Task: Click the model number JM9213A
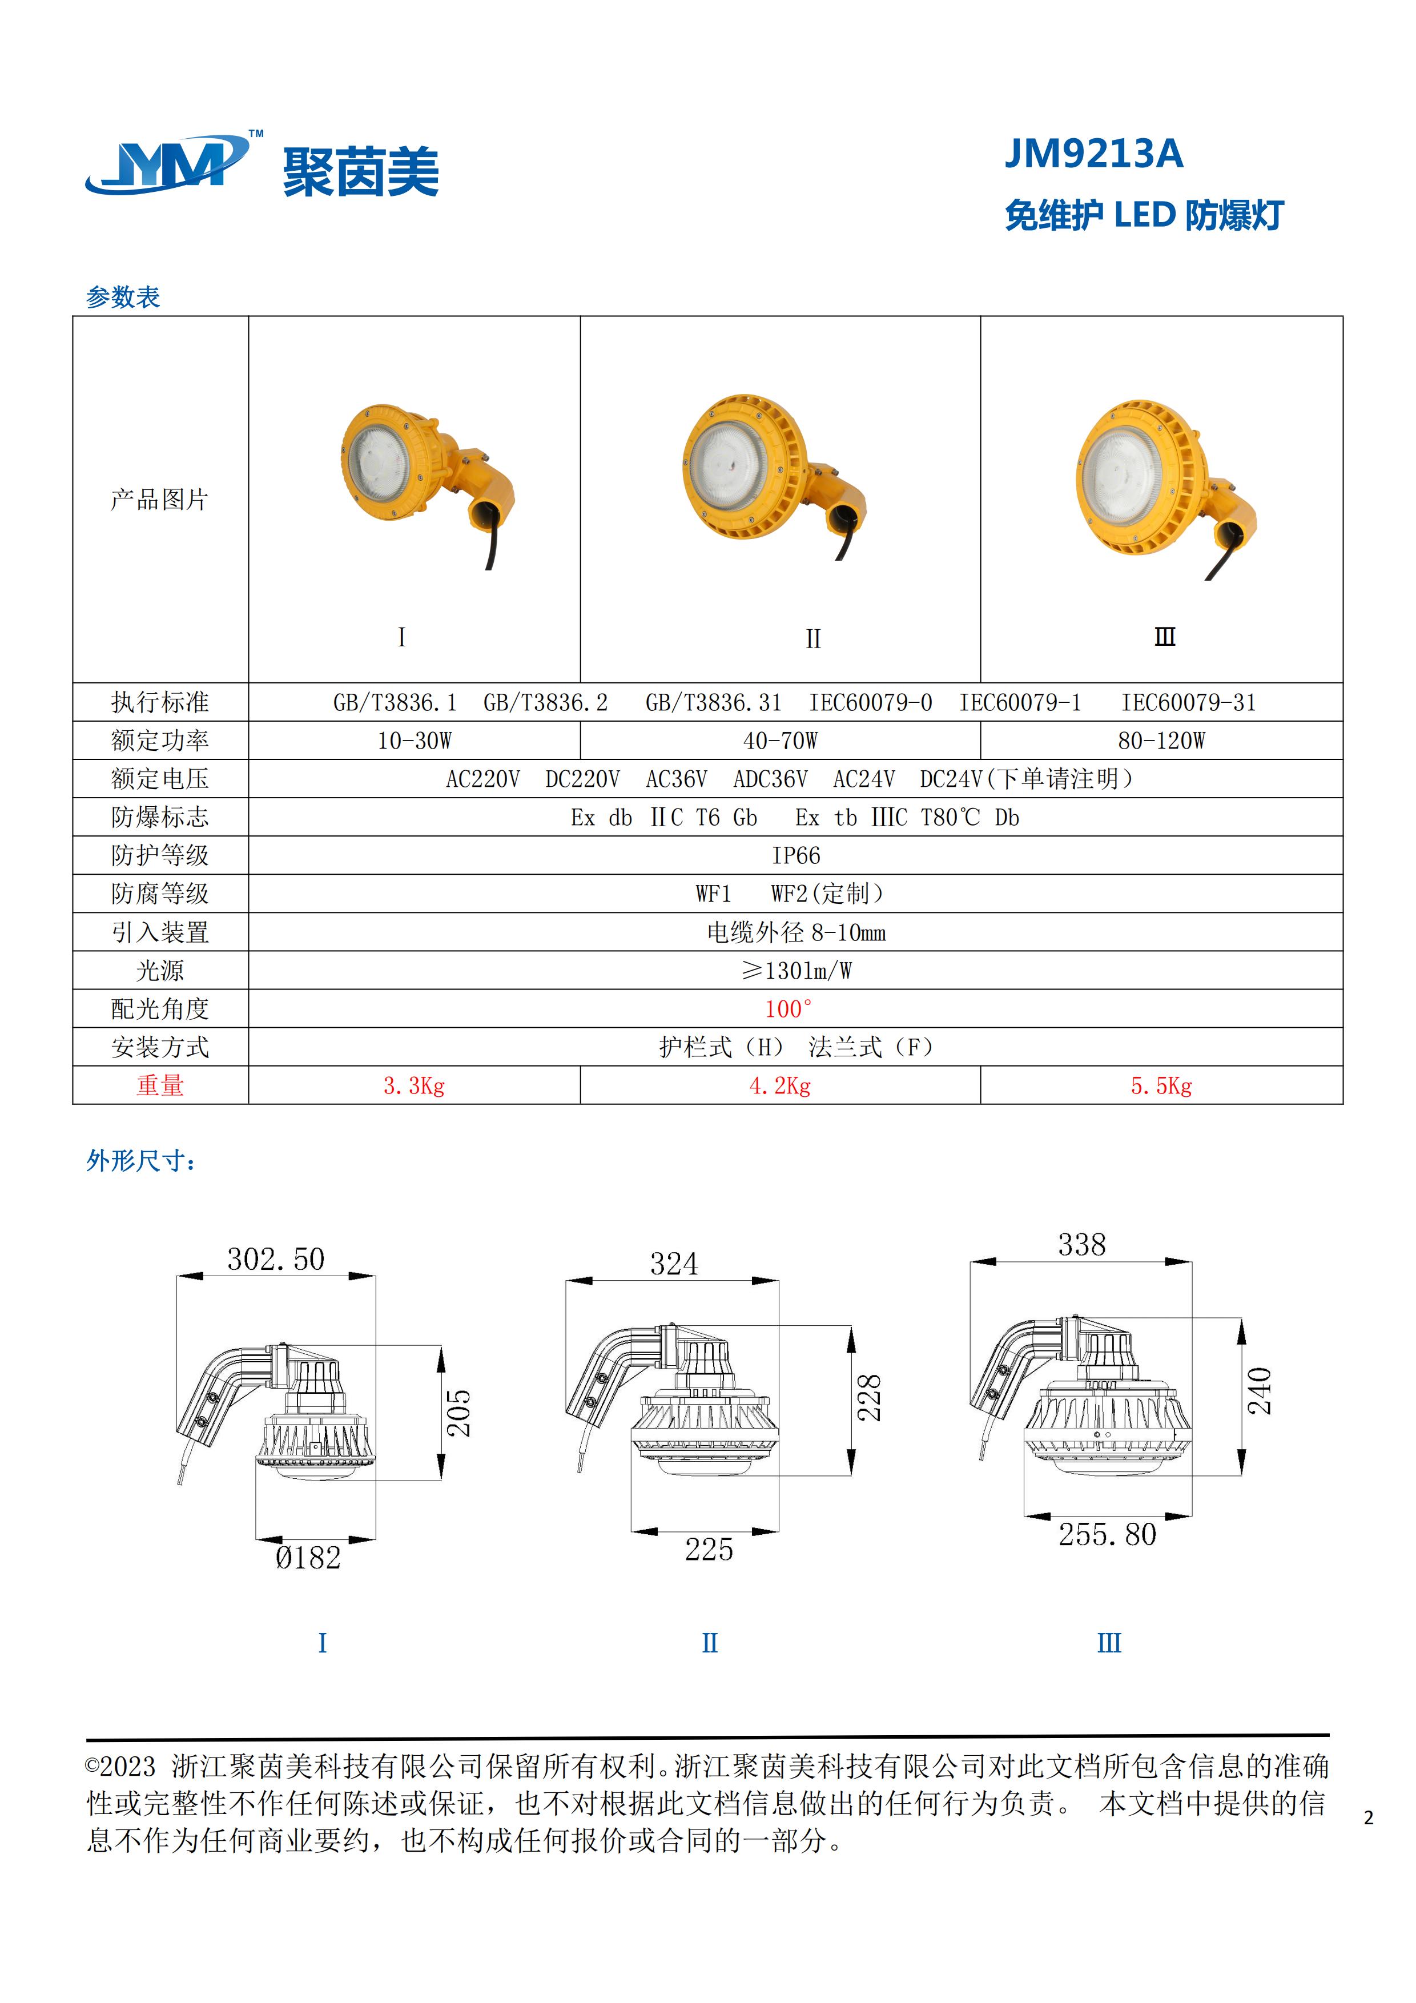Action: [x=1094, y=154]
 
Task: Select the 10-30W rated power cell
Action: [x=415, y=741]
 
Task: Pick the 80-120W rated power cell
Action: [x=1161, y=741]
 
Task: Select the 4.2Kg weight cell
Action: [x=780, y=1085]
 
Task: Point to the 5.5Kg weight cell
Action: [x=1161, y=1085]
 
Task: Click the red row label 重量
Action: [x=160, y=1085]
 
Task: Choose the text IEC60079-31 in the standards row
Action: [x=1188, y=702]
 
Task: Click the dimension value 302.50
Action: [x=276, y=1259]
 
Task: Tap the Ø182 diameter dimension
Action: [x=308, y=1557]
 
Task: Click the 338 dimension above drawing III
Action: [x=1082, y=1245]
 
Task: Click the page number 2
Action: [x=1368, y=1817]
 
